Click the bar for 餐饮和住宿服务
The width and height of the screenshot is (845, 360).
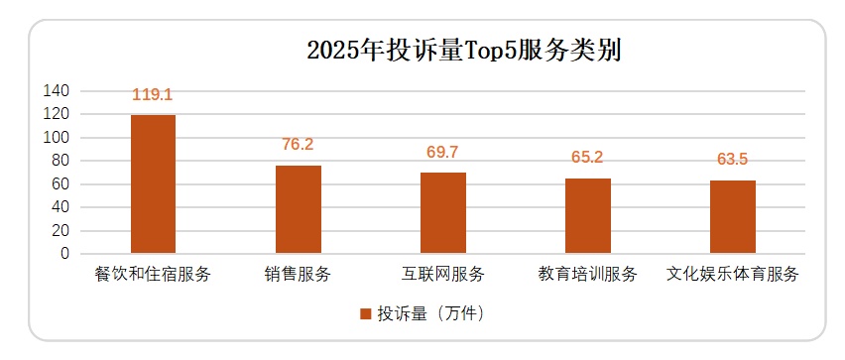(x=154, y=184)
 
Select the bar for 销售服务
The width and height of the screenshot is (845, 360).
(x=298, y=209)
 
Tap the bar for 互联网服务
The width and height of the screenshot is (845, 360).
(x=442, y=213)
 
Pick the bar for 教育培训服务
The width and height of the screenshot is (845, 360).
(x=588, y=216)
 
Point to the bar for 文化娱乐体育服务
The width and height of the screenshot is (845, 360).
(x=733, y=217)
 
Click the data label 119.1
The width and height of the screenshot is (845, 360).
(x=153, y=95)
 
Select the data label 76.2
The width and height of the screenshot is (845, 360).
(x=298, y=145)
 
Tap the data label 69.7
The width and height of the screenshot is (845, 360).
(x=442, y=152)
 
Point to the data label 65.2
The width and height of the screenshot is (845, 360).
(x=588, y=158)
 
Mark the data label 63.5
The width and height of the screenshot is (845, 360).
(x=733, y=160)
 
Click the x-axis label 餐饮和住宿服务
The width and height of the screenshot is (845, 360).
(x=154, y=274)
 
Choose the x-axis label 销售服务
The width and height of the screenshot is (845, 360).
(x=298, y=274)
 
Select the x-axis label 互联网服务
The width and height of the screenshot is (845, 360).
(x=442, y=274)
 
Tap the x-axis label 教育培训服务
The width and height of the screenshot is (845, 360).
(x=588, y=274)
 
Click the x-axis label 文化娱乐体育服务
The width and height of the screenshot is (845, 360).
(x=733, y=274)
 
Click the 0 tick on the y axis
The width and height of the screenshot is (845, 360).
(x=64, y=254)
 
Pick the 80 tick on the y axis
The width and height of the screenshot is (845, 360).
(x=60, y=161)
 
